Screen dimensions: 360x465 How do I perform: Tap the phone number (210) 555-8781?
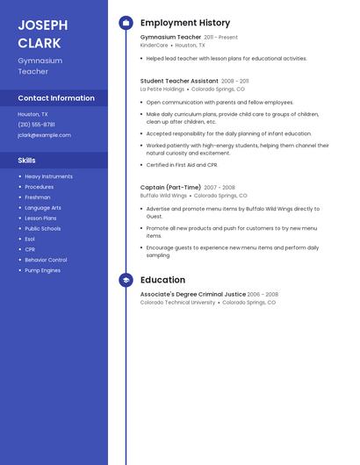tap(36, 125)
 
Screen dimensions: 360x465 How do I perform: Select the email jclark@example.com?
tap(44, 135)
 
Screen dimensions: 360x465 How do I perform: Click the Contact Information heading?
tap(56, 98)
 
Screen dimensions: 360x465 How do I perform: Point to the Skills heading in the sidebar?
tap(27, 161)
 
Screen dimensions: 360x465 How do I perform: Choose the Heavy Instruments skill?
tap(48, 176)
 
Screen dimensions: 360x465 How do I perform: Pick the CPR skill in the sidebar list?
tap(30, 249)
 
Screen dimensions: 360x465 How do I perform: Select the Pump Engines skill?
tap(42, 270)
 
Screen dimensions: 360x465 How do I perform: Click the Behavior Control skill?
tap(46, 260)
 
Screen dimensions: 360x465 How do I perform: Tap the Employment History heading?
tap(185, 23)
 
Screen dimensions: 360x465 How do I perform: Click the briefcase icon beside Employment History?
tap(126, 23)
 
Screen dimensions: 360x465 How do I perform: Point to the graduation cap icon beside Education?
tap(126, 280)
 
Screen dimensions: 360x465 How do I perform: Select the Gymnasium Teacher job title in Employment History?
tap(170, 38)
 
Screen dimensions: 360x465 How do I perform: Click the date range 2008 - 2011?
tap(228, 81)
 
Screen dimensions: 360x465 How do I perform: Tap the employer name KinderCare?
tap(154, 46)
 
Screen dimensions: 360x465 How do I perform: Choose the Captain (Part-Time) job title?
tap(170, 187)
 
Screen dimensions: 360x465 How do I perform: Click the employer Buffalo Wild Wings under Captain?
tap(163, 196)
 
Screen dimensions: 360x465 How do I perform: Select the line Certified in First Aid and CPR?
tap(182, 165)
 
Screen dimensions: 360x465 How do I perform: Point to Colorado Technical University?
tap(177, 303)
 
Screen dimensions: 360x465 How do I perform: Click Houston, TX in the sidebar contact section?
tap(32, 114)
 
